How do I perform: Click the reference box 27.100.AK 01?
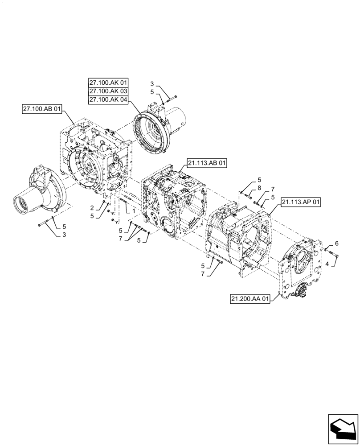click(x=108, y=83)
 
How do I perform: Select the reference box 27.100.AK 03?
click(x=108, y=91)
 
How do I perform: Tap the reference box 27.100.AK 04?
click(x=108, y=100)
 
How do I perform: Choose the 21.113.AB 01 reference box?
click(x=207, y=164)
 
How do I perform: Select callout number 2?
click(x=92, y=208)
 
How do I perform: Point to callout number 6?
click(x=336, y=243)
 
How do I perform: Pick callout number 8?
click(x=259, y=189)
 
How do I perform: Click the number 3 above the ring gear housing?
click(x=151, y=84)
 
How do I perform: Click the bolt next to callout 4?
click(x=335, y=254)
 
